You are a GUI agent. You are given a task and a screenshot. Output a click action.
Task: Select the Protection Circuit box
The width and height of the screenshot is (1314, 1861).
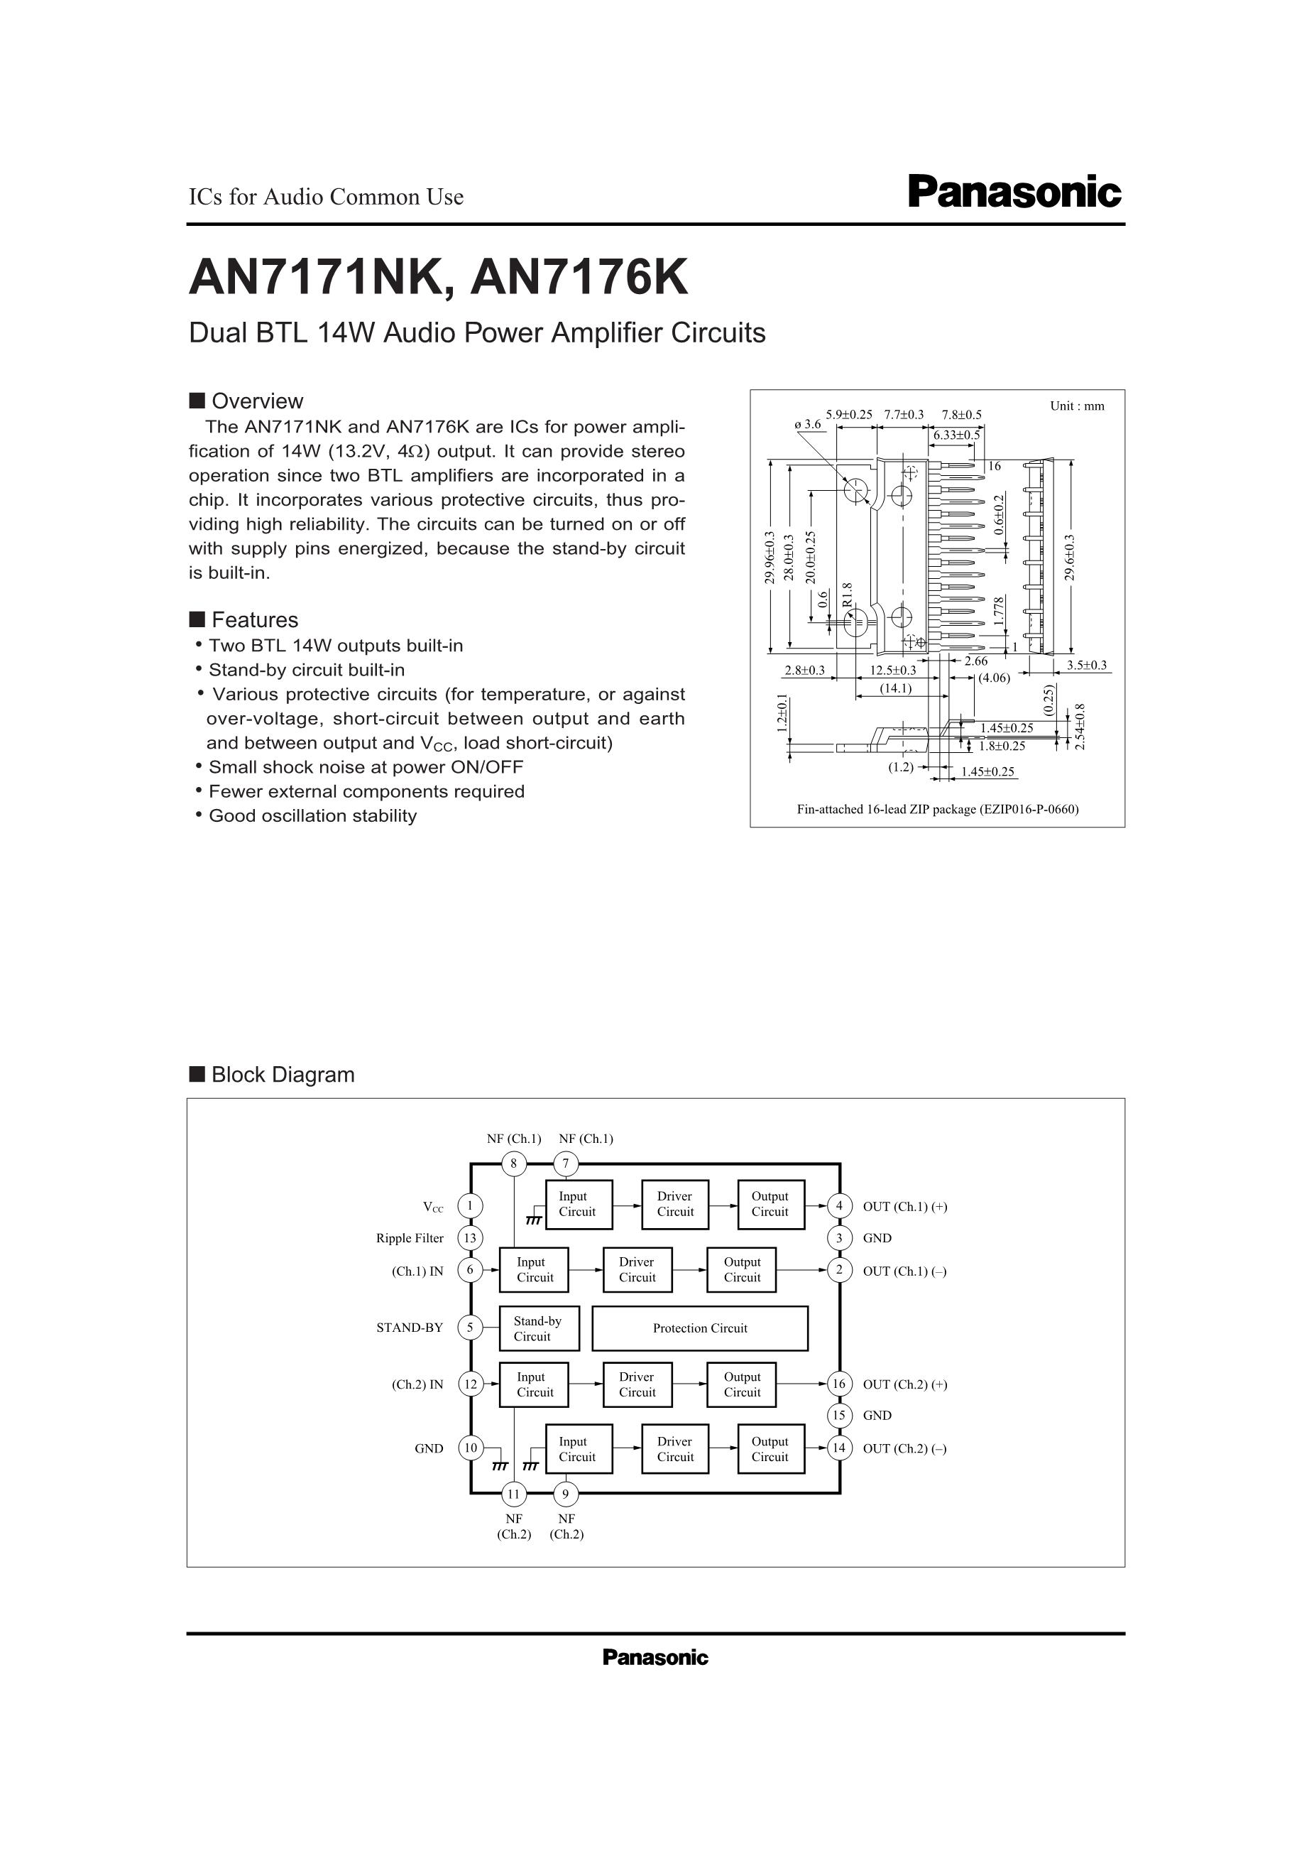coord(700,1328)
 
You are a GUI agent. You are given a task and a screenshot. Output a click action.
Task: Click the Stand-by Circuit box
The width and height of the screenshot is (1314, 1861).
coord(539,1328)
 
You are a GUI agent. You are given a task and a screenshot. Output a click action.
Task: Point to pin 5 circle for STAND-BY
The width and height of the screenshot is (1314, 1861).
coord(470,1328)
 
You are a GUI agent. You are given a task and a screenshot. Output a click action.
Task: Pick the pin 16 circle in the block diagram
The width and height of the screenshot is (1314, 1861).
coord(839,1384)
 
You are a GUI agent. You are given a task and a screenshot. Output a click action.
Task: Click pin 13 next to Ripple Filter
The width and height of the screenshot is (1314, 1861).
coord(470,1237)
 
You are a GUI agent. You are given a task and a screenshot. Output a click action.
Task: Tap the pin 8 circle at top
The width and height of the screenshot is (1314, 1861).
coord(514,1165)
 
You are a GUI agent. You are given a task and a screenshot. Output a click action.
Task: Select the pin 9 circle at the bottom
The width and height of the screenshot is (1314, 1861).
coord(566,1493)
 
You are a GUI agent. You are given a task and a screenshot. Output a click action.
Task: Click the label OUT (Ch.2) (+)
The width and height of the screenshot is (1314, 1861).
coord(905,1384)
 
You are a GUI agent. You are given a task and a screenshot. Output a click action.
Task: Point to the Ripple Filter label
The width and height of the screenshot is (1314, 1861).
coord(410,1237)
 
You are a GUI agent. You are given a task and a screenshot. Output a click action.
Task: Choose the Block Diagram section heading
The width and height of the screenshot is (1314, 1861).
coord(283,1075)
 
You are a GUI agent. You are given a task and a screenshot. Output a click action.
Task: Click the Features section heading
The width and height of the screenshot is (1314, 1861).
coord(254,620)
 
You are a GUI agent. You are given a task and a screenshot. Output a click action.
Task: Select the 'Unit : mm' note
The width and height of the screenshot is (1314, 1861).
coord(1077,406)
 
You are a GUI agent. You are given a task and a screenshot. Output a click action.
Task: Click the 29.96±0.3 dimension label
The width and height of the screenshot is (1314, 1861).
coord(769,557)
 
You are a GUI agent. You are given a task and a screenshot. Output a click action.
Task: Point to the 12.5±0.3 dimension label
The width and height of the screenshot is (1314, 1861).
coord(893,671)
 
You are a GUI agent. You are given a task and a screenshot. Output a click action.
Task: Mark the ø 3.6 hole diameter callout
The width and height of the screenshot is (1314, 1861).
coord(808,423)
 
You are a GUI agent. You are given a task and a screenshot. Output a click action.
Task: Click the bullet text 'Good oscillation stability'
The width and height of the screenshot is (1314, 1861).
coord(312,815)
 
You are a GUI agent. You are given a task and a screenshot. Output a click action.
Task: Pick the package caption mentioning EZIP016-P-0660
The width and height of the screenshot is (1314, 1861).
coord(937,809)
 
